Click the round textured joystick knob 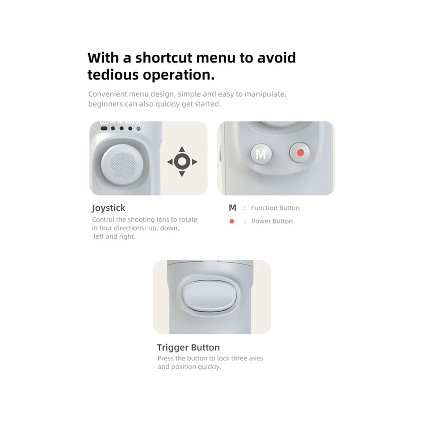tap(122, 165)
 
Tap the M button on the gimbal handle tap(261, 154)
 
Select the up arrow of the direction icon tap(182, 149)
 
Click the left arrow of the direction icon tap(170, 162)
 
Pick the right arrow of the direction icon tap(194, 162)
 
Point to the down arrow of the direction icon tap(182, 174)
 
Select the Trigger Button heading tap(189, 348)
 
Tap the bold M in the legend tap(233, 208)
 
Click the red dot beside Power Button tap(232, 221)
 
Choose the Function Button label tap(275, 208)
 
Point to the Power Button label tap(272, 221)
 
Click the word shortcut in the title tap(164, 58)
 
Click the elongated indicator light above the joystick tap(104, 128)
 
